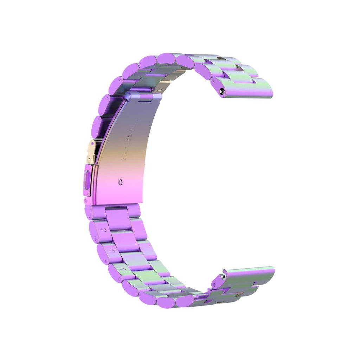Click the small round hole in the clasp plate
[x=121, y=182]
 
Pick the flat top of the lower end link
[x=250, y=272]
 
